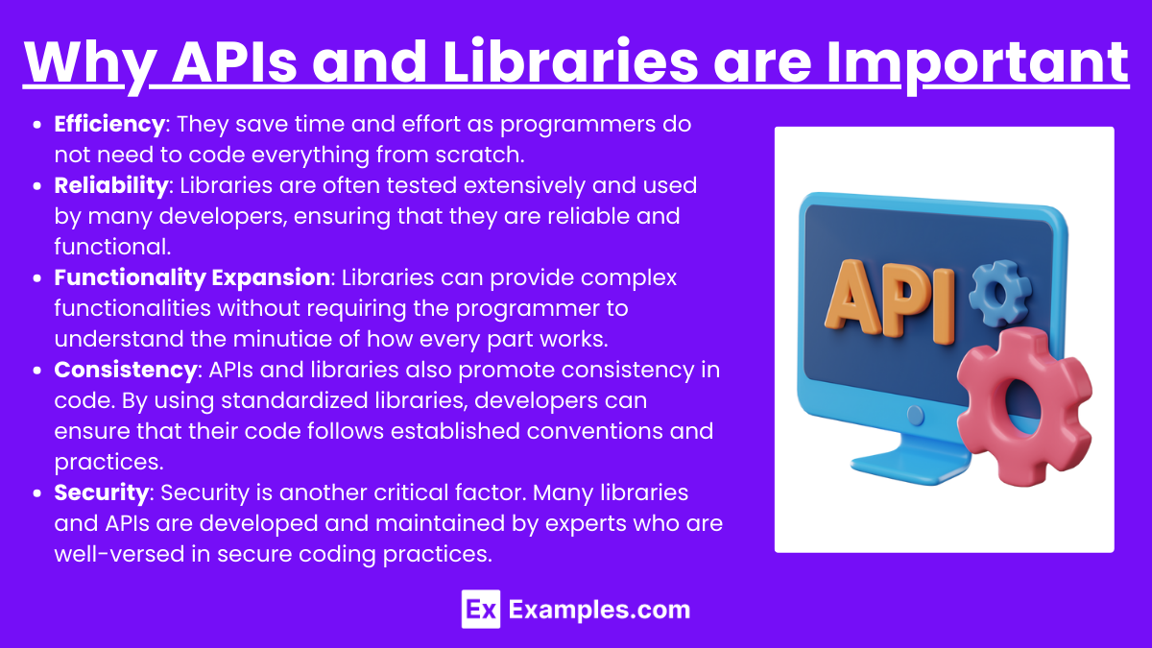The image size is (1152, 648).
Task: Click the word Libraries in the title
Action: click(570, 61)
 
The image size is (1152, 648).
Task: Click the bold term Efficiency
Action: click(109, 125)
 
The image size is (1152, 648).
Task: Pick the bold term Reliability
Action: click(111, 186)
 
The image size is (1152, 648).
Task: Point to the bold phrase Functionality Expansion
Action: click(192, 278)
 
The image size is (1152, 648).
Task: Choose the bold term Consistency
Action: click(126, 371)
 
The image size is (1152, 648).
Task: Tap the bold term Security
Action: click(102, 492)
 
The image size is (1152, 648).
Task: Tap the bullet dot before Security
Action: click(37, 493)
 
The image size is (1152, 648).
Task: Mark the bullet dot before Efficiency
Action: click(37, 125)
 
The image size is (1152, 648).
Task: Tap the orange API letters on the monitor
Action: click(889, 301)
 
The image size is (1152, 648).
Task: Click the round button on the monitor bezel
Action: click(915, 415)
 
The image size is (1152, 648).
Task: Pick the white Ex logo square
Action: click(481, 610)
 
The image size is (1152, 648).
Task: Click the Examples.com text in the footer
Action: click(599, 610)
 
